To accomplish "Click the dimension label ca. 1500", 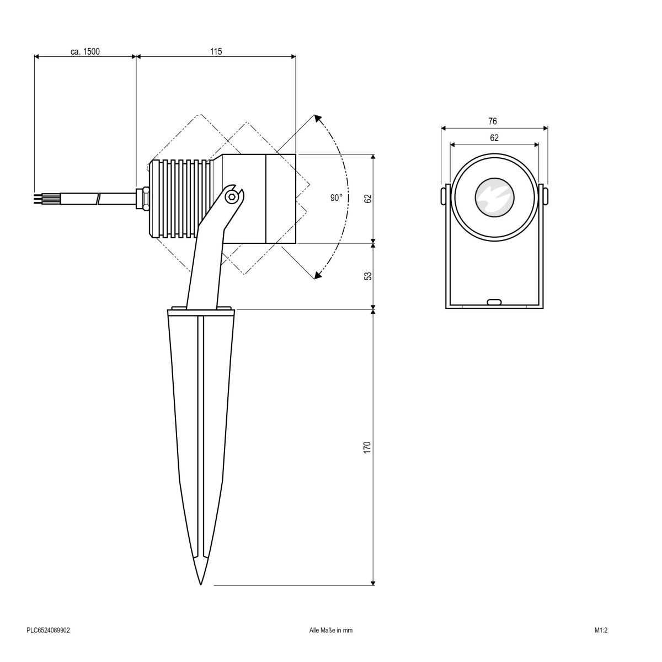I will (84, 51).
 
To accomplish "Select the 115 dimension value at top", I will (216, 51).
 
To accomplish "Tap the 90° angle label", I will (337, 198).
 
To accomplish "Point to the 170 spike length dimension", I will (367, 447).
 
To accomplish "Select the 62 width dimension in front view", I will (494, 138).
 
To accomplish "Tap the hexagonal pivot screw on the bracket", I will (234, 196).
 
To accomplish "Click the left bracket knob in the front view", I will (444, 196).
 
